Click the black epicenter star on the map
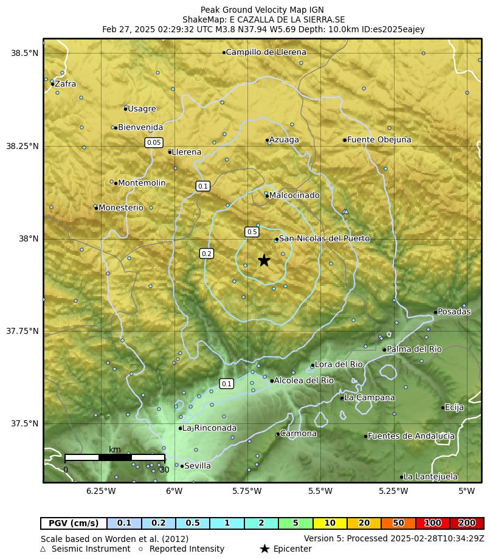tap(264, 260)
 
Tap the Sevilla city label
tap(197, 466)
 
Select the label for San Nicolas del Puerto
tap(323, 238)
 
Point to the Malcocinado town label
tap(294, 195)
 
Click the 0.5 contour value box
tap(252, 232)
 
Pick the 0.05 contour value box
tap(154, 142)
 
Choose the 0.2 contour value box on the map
tap(207, 254)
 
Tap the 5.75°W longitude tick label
tap(247, 491)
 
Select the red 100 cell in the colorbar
tap(432, 523)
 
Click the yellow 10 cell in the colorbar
tap(330, 523)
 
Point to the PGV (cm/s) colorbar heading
tap(74, 523)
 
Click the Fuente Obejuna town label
tap(379, 140)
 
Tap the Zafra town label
tap(65, 84)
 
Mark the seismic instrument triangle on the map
tap(345, 211)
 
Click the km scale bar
tap(115, 457)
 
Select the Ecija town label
tap(454, 408)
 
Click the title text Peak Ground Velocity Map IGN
tap(262, 10)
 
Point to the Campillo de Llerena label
tap(266, 52)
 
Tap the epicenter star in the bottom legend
tap(264, 549)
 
